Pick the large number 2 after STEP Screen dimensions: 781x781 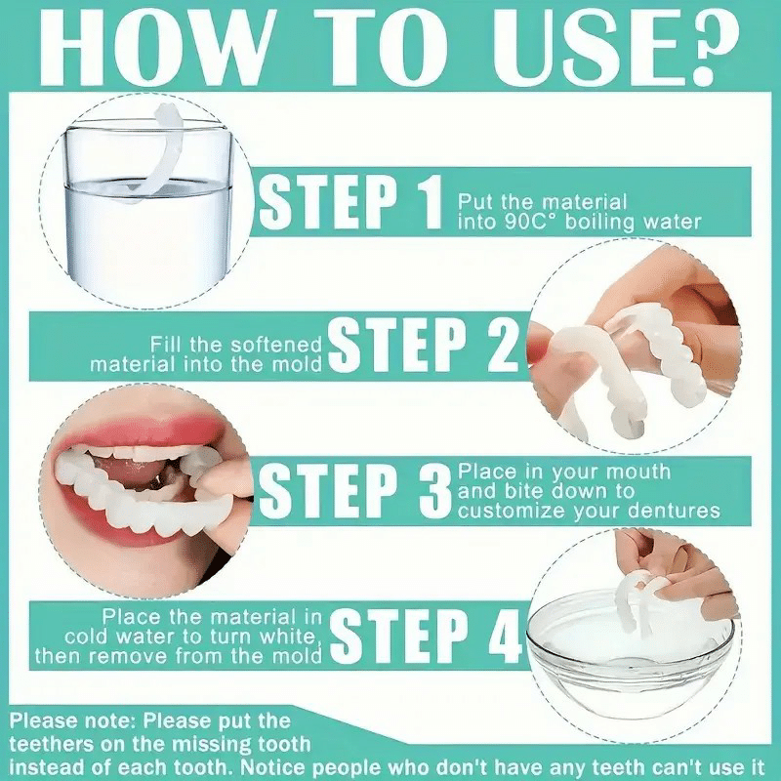pyautogui.click(x=501, y=344)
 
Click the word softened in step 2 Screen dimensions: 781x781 pyautogui.click(x=277, y=345)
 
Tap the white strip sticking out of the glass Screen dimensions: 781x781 pyautogui.click(x=149, y=149)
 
